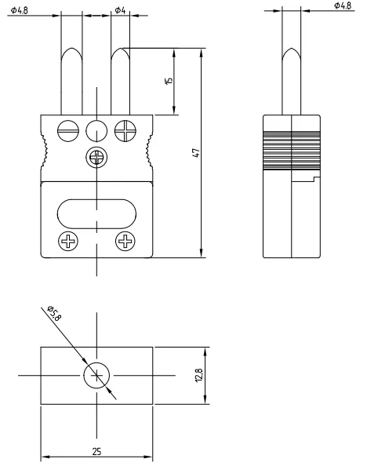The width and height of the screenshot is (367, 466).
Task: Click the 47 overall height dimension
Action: pos(196,153)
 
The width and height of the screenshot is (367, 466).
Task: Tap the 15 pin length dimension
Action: pos(169,81)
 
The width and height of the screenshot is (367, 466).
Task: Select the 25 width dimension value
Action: pos(96,452)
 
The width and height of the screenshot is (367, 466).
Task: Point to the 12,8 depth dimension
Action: pos(199,375)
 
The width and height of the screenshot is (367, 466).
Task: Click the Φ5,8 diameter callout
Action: pos(54,313)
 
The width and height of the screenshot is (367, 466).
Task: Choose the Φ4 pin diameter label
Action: pos(120,10)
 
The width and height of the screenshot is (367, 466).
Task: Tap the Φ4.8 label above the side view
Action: pos(343,5)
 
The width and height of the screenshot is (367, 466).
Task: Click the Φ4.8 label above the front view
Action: pos(20,10)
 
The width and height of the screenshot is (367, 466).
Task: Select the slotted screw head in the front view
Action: pos(68,131)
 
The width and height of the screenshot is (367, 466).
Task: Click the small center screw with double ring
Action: pos(96,157)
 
